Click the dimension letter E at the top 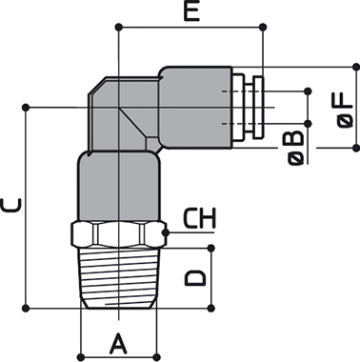pyautogui.click(x=191, y=11)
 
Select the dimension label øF pyautogui.click(x=345, y=111)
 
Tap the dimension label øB pyautogui.click(x=296, y=148)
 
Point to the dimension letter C pyautogui.click(x=11, y=205)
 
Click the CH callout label pyautogui.click(x=200, y=218)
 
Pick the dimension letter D pyautogui.click(x=195, y=278)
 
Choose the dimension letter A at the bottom pyautogui.click(x=118, y=344)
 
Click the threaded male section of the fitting pyautogui.click(x=118, y=277)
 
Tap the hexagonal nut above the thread pyautogui.click(x=118, y=233)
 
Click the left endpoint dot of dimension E pyautogui.click(x=119, y=27)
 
